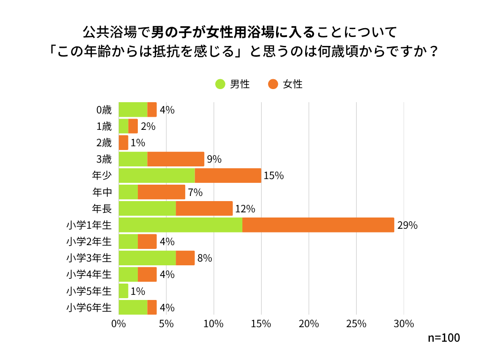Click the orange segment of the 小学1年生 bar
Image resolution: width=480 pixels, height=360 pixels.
click(x=318, y=225)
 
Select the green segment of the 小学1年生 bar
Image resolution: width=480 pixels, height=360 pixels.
click(x=180, y=225)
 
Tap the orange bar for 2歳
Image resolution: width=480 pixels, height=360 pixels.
click(x=123, y=142)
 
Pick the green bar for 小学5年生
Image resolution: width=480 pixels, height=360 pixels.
click(x=123, y=291)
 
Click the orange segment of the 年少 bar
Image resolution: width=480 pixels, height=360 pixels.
click(x=228, y=176)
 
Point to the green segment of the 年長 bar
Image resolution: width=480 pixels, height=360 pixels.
click(x=147, y=209)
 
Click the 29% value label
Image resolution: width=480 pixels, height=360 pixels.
click(x=407, y=225)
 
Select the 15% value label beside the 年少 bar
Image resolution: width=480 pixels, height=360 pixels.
click(x=274, y=176)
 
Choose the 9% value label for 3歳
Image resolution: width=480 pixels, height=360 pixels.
click(x=214, y=159)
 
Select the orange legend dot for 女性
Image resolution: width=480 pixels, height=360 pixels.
click(x=273, y=84)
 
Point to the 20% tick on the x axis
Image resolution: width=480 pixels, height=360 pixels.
click(x=309, y=324)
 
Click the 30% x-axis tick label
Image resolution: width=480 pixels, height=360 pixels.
click(x=404, y=324)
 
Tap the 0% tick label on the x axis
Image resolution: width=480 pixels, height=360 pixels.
click(x=119, y=324)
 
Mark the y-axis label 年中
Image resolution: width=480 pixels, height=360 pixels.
click(x=102, y=192)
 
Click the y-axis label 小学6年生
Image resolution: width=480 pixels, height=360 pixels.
click(x=89, y=308)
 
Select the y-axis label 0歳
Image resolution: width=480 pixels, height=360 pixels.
click(x=104, y=110)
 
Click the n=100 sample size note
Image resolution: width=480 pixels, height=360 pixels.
click(x=444, y=338)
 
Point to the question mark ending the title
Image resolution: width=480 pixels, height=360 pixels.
click(x=434, y=51)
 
